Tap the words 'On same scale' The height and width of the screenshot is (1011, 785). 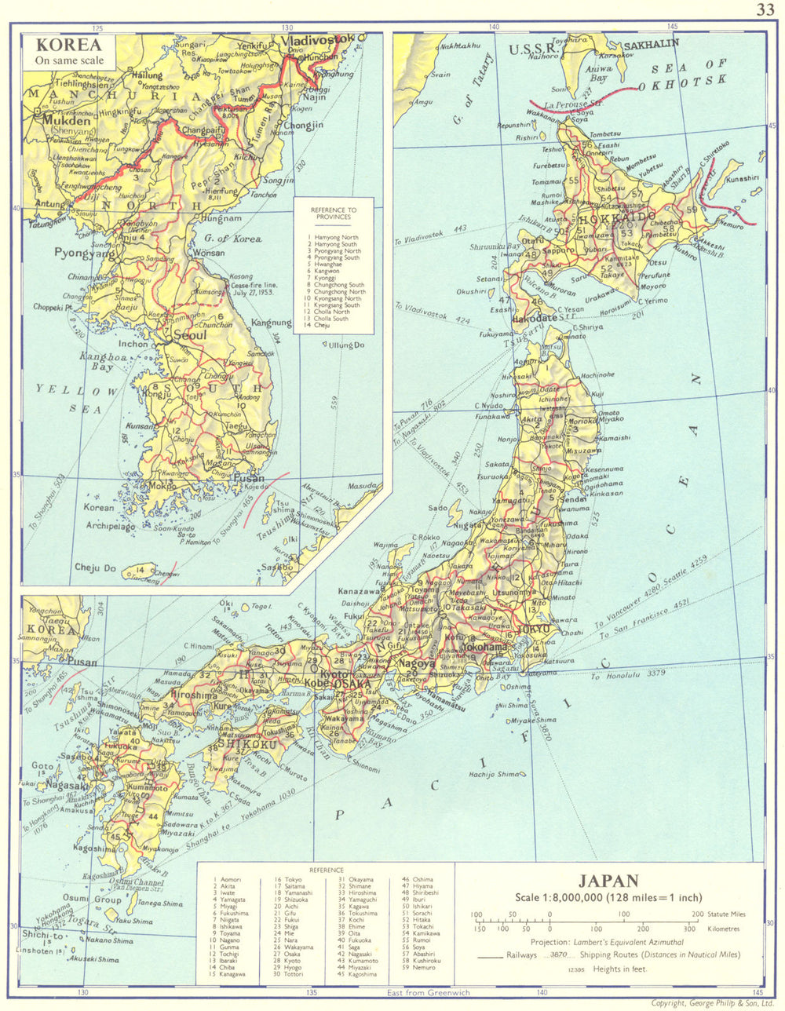coord(68,60)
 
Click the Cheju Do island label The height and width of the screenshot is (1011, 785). coord(95,568)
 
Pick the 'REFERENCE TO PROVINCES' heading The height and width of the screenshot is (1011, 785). coord(333,214)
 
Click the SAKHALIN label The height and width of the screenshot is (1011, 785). coord(652,43)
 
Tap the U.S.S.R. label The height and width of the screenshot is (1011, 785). coord(533,50)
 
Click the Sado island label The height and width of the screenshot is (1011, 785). coord(438,508)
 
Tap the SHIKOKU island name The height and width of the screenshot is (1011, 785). coord(247,743)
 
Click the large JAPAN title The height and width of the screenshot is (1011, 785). coord(608,881)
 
